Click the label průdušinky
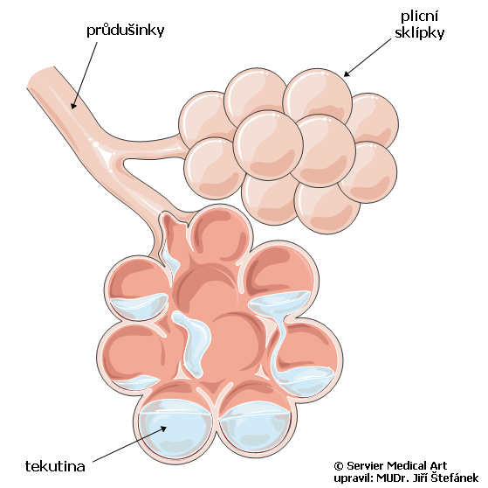[125, 31]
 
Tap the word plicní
[419, 16]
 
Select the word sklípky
[419, 32]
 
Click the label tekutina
[55, 466]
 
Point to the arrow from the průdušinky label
[84, 75]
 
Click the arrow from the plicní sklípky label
[367, 58]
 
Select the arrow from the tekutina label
[129, 443]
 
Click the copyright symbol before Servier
[339, 466]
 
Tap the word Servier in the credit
[365, 466]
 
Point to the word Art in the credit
[438, 466]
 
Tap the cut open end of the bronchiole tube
[41, 77]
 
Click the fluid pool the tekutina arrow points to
[175, 428]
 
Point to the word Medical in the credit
[407, 466]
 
